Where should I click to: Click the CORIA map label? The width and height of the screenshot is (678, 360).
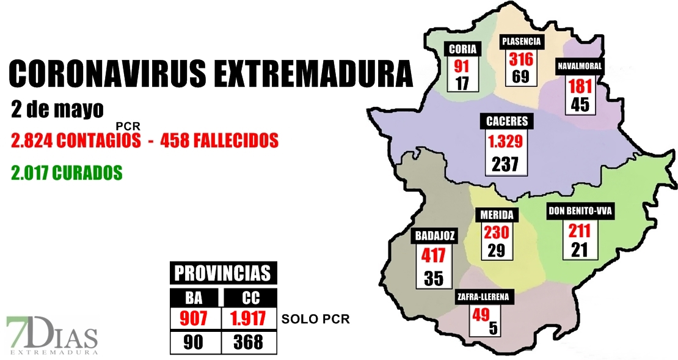[462, 50]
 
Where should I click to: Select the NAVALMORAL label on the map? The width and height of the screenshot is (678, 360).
[579, 66]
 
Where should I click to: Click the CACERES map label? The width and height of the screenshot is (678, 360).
[506, 121]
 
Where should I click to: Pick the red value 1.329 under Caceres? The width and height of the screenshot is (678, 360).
[506, 142]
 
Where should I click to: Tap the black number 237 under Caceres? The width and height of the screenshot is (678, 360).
[505, 164]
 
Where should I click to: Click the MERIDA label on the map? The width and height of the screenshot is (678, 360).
[496, 215]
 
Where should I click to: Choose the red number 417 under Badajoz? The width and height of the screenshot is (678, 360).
[434, 255]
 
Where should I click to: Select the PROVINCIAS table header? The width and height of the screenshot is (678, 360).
[223, 273]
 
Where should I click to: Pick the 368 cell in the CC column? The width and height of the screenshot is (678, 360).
[248, 342]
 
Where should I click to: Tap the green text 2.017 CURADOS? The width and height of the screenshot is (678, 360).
[67, 174]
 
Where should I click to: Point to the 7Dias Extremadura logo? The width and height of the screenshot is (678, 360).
[52, 336]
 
